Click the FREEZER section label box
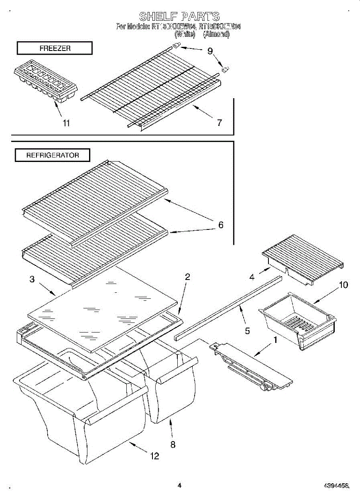[x=54, y=48]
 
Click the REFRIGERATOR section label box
[x=53, y=155]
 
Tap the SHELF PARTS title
[x=179, y=17]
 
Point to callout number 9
[x=210, y=51]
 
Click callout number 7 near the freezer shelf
[x=219, y=123]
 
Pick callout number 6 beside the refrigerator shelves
[x=221, y=225]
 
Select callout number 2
[x=187, y=277]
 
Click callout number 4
[x=251, y=277]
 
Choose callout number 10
[x=343, y=285]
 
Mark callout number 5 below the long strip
[x=247, y=331]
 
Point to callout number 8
[x=173, y=444]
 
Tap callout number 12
[x=155, y=456]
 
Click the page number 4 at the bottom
[x=179, y=485]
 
